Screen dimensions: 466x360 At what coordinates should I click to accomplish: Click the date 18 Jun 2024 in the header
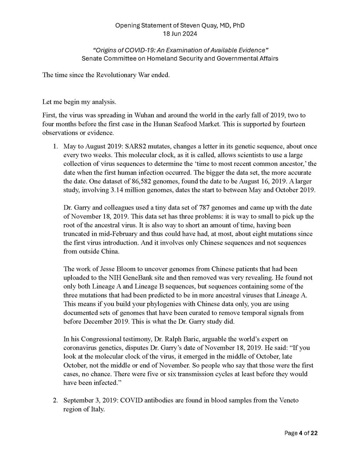tap(180, 33)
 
